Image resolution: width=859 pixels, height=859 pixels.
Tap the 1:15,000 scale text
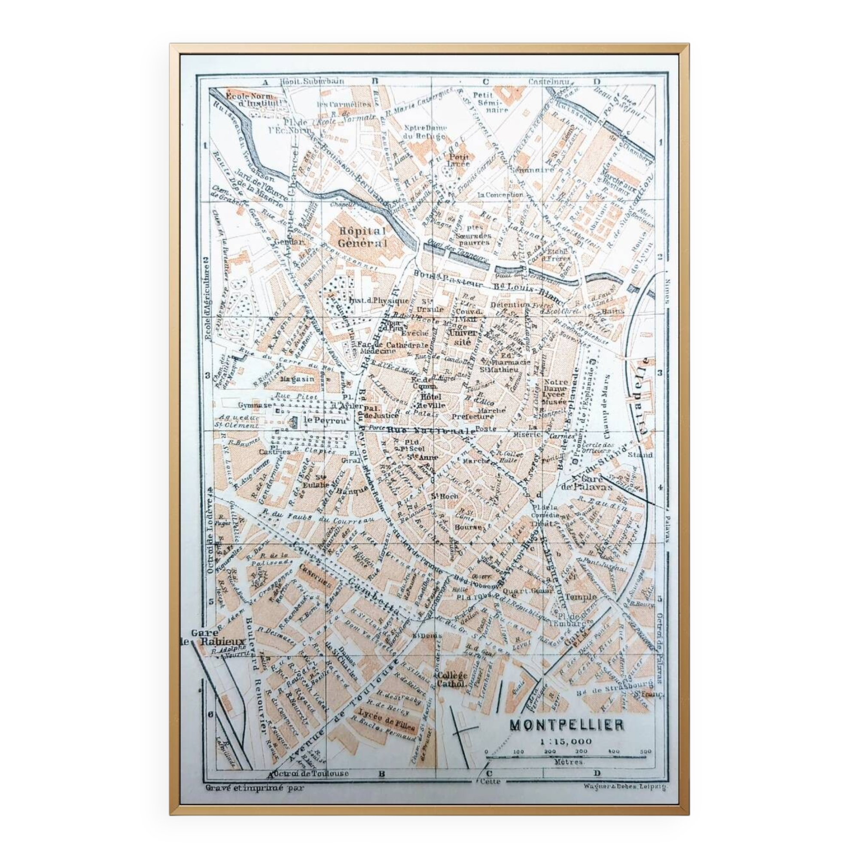tap(566, 742)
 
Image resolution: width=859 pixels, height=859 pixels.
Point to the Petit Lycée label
tap(458, 160)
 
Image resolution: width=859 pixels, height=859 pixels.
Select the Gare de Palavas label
tap(592, 483)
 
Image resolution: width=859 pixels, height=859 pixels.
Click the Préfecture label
tap(472, 417)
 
